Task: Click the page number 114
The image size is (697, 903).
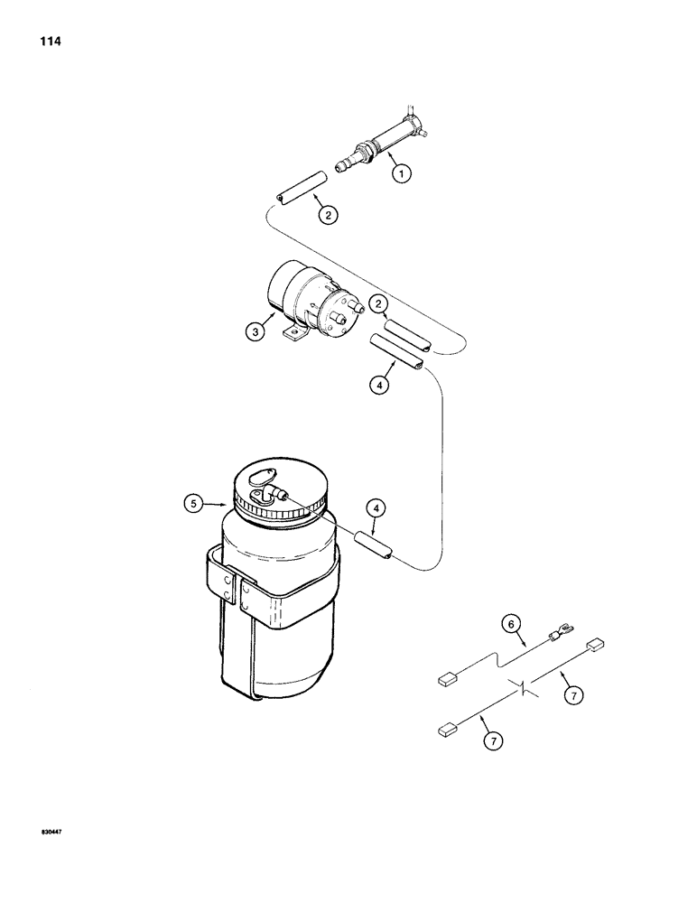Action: point(51,42)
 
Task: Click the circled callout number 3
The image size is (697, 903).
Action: point(256,331)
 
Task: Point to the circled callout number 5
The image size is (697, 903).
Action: point(192,505)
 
